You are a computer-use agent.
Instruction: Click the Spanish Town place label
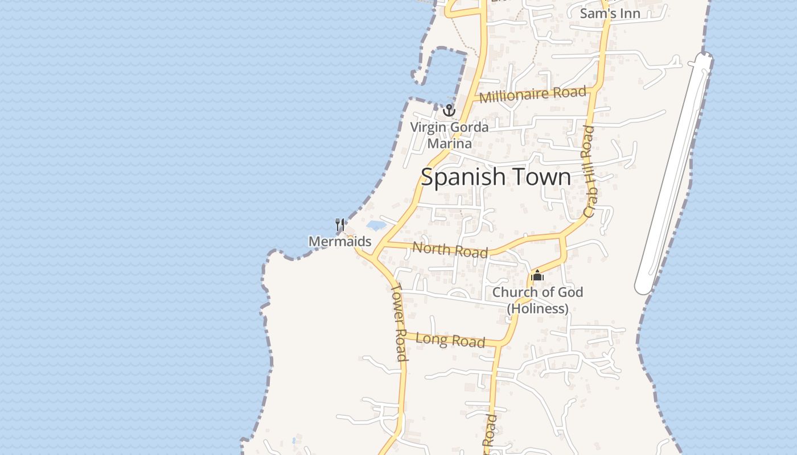click(495, 177)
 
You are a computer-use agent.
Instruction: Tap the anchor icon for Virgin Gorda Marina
click(450, 110)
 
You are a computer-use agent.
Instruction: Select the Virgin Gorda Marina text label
click(450, 135)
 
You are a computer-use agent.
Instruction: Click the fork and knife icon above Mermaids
click(340, 225)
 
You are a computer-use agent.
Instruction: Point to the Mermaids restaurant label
click(340, 242)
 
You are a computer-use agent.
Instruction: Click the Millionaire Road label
click(532, 94)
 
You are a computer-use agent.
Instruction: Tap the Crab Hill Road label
click(589, 171)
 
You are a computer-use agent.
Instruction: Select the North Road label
click(450, 249)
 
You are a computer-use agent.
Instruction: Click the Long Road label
click(450, 340)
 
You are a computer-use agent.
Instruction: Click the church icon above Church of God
click(537, 276)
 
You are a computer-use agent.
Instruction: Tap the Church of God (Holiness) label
click(537, 300)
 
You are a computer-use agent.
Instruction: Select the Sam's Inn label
click(610, 13)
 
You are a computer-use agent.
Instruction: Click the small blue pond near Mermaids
click(376, 226)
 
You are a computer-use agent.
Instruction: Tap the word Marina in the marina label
click(450, 143)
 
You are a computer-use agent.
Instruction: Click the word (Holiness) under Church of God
click(537, 309)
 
